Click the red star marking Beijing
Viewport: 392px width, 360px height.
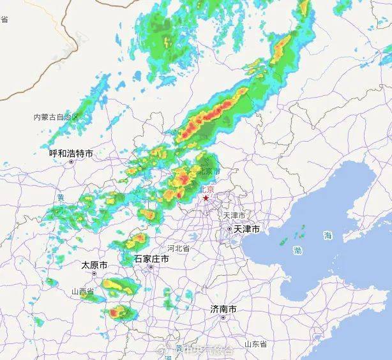[206, 199]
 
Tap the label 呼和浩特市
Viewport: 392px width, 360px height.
[71, 153]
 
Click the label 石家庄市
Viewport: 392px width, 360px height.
[151, 259]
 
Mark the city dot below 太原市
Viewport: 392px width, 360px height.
[94, 273]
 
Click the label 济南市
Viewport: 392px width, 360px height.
[223, 309]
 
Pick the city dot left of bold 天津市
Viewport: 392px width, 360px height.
[229, 229]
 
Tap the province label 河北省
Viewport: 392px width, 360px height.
[178, 248]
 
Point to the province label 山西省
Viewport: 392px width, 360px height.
[82, 292]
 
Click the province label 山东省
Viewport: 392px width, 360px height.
[255, 344]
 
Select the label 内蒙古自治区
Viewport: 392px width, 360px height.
[56, 117]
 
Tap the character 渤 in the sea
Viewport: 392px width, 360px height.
[298, 250]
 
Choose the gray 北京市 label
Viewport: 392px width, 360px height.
[209, 172]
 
